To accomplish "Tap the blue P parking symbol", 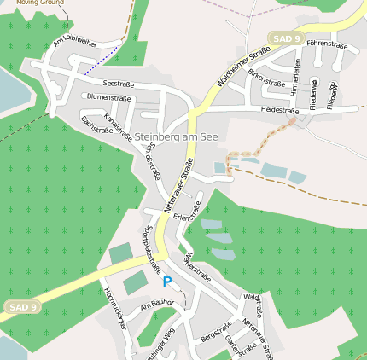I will point(167,282).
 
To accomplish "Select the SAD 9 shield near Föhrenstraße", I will point(285,38).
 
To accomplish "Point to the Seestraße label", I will point(119,84).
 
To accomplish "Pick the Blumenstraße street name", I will point(109,97).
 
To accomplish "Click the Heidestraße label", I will point(279,110).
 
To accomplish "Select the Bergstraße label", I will point(216,333).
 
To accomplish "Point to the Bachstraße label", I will point(96,131).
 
